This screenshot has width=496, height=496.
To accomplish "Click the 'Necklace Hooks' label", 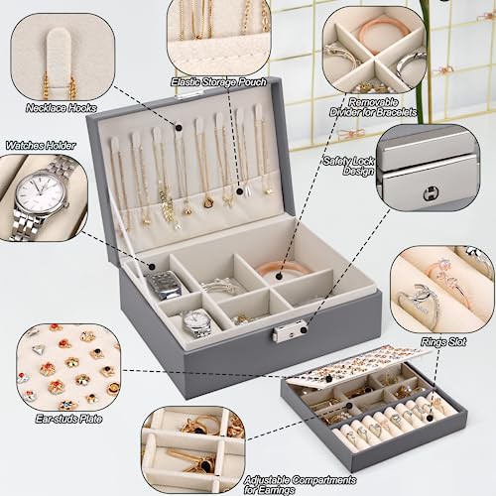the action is (62, 108).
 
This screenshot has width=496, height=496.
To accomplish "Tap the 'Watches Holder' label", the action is (41, 145).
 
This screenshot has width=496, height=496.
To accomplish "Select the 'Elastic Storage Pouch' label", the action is (218, 81).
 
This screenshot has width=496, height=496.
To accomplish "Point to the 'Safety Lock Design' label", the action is (349, 166).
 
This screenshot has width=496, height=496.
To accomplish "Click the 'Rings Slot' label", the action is (443, 342).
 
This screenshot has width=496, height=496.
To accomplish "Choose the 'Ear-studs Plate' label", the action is (68, 419).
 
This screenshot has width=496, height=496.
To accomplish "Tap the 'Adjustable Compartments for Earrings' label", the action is (300, 485).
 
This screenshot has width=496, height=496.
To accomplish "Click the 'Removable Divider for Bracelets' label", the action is (373, 107).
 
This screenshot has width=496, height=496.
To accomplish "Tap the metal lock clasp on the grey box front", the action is (290, 331).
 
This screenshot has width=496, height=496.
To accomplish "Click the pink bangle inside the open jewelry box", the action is (283, 270).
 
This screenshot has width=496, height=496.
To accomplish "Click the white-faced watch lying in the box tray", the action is (197, 322).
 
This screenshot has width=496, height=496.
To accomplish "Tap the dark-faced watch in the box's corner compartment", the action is (165, 285).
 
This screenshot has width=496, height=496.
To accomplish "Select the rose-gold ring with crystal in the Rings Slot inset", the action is (444, 280).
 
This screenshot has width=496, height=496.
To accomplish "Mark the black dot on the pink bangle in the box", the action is (279, 276).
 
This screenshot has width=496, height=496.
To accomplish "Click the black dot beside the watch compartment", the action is (152, 267).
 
